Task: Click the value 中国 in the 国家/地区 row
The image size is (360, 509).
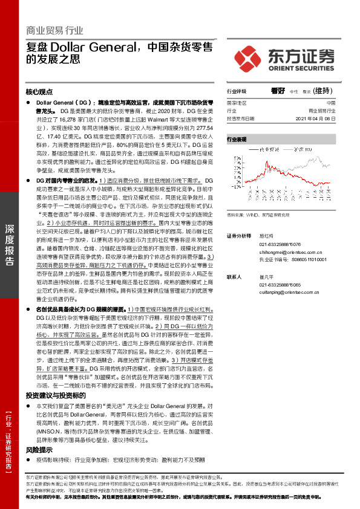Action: tap(339, 103)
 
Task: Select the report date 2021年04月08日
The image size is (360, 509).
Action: tap(322, 118)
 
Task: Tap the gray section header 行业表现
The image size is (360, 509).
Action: tap(237, 139)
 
